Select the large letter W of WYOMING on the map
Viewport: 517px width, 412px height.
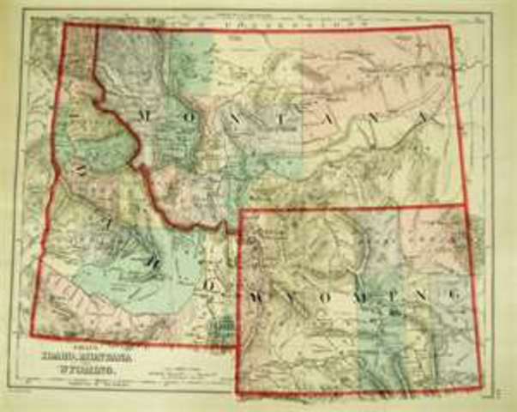pos(256,294)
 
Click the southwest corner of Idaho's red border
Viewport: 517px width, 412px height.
pos(32,336)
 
